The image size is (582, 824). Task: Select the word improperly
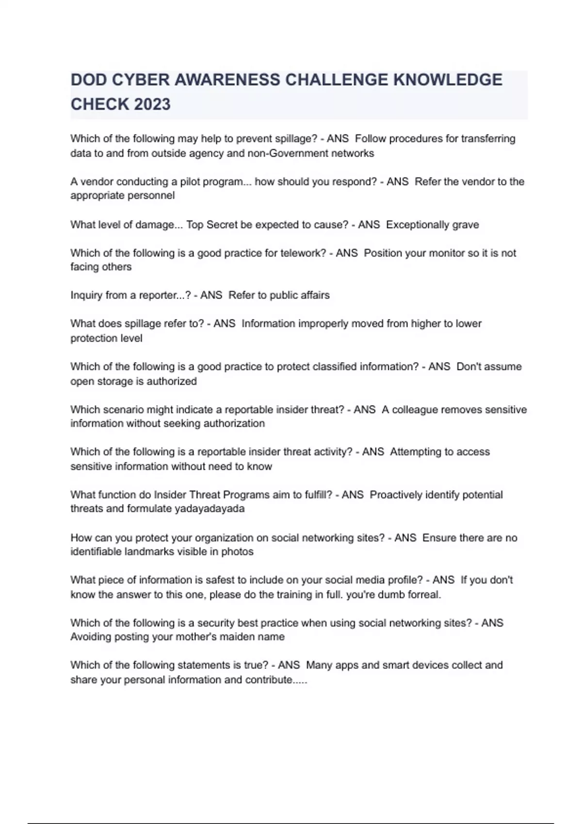tap(323, 324)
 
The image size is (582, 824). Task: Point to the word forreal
tap(424, 595)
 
